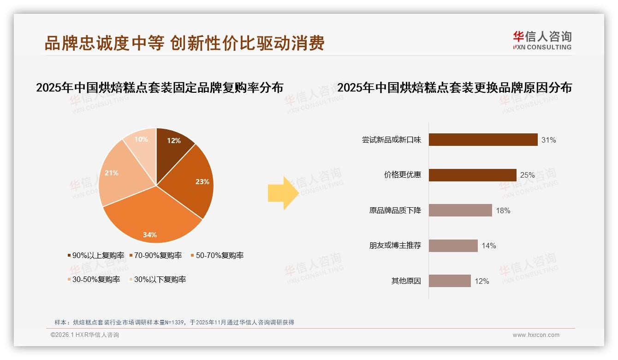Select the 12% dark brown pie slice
[x=173, y=143]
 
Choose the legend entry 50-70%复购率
[x=217, y=255]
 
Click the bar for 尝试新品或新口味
[x=483, y=140]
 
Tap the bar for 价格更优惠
[x=472, y=175]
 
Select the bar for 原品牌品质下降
[x=460, y=210]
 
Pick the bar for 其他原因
[x=450, y=281]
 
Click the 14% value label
[x=489, y=246]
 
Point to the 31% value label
[x=549, y=140]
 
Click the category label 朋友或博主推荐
[x=395, y=246]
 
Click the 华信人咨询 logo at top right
[x=542, y=40]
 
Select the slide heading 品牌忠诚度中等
[x=104, y=43]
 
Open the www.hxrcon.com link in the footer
[x=536, y=335]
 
